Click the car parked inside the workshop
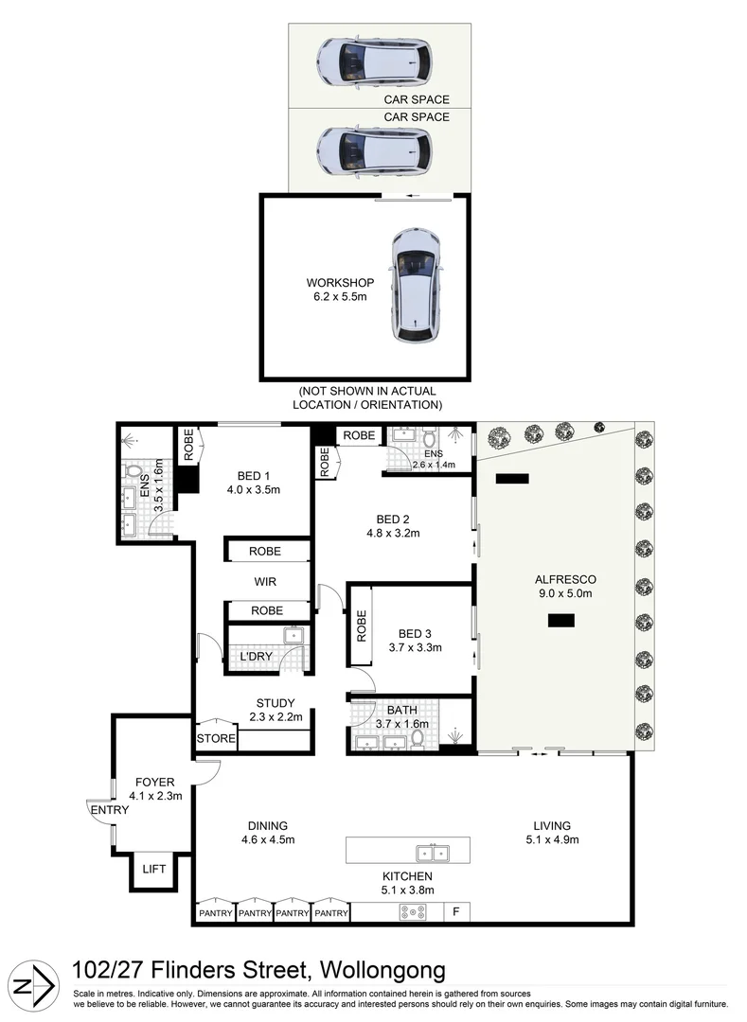point(416,285)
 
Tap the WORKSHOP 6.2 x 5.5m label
point(340,290)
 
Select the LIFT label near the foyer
point(154,869)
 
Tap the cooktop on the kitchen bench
point(414,912)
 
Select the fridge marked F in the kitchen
point(456,912)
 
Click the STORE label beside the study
point(216,738)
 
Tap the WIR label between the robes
point(266,581)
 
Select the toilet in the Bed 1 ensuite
point(133,470)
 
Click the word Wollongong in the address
point(383,970)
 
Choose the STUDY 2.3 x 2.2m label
point(275,710)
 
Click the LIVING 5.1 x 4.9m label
point(551,832)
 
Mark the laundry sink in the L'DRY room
point(293,636)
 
